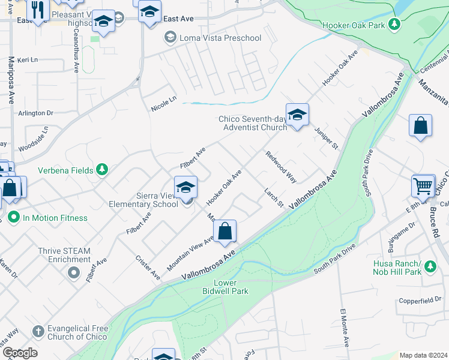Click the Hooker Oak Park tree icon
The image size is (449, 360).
(394, 25)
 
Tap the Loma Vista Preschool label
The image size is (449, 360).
(213, 38)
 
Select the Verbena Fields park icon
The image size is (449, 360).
(103, 170)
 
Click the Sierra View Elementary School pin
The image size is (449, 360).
(186, 188)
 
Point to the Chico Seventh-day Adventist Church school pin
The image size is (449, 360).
(297, 115)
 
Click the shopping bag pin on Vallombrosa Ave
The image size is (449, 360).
(224, 231)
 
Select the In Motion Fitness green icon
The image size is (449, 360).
(13, 218)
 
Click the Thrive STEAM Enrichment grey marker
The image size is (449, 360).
(73, 273)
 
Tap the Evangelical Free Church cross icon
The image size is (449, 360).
(37, 331)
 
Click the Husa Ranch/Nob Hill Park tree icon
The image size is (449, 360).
(429, 265)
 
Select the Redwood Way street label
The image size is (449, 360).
(282, 167)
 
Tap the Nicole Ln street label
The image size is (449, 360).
(164, 103)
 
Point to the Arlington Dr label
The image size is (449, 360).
(36, 113)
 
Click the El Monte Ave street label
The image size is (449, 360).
(345, 328)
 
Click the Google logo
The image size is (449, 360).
(20, 353)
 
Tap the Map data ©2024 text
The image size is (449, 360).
(423, 355)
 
